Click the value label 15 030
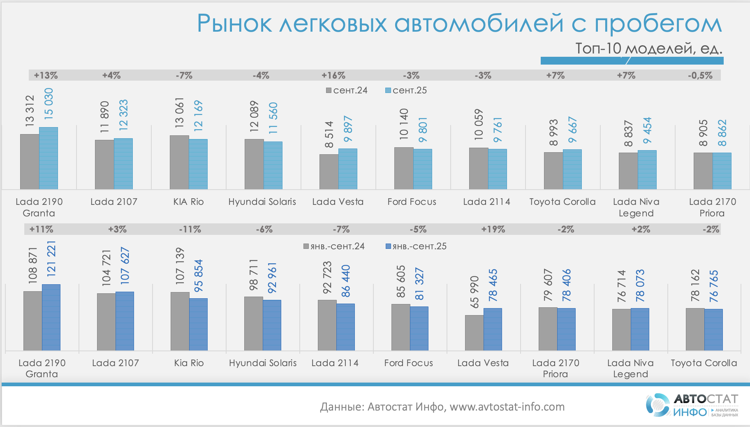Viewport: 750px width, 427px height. [x=49, y=104]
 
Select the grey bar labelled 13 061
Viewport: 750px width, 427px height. [x=179, y=162]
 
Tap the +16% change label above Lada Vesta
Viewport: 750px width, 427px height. [x=333, y=76]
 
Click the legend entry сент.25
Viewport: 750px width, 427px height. [x=406, y=91]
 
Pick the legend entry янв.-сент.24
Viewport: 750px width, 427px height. [x=334, y=246]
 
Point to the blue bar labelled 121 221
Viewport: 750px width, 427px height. [x=51, y=317]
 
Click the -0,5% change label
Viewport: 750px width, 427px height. [x=700, y=76]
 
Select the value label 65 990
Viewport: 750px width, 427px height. [x=475, y=292]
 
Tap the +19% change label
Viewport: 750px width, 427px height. [x=493, y=230]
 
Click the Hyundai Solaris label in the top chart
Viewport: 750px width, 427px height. [x=262, y=202]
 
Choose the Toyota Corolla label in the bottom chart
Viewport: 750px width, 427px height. [x=704, y=363]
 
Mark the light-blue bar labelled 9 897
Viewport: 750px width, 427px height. [x=348, y=169]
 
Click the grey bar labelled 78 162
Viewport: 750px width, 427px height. [x=695, y=329]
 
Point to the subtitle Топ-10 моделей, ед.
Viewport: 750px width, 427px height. [x=648, y=49]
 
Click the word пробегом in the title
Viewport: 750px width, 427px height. [x=658, y=24]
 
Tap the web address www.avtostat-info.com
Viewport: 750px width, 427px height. [x=507, y=407]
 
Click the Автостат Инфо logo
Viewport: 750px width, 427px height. [x=692, y=405]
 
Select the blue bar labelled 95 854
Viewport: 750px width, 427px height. [x=198, y=324]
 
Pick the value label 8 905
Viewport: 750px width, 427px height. [x=703, y=133]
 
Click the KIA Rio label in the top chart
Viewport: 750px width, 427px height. [x=189, y=202]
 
